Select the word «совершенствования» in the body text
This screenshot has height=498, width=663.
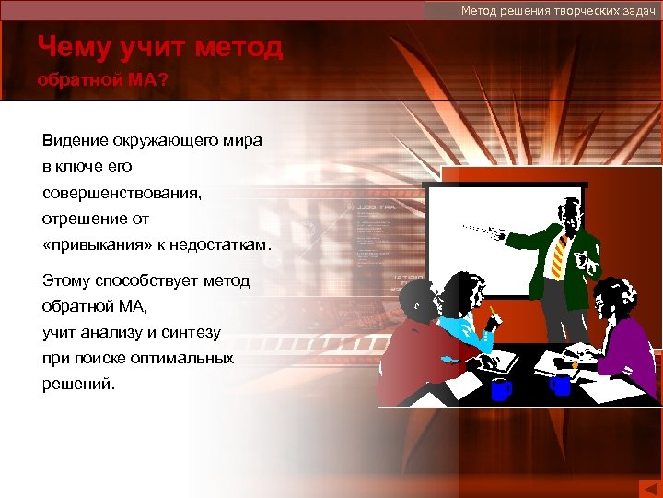(121, 193)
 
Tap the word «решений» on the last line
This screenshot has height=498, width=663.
(77, 384)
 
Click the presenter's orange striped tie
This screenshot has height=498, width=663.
(559, 254)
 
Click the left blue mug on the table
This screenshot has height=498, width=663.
(500, 389)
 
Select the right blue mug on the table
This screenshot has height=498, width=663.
(560, 384)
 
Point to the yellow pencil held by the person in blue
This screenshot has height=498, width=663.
(494, 310)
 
